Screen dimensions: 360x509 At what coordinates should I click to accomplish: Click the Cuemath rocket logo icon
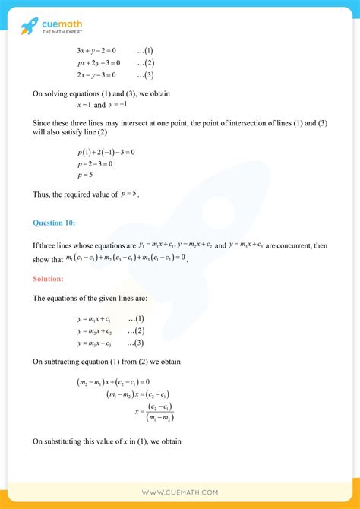pyautogui.click(x=29, y=27)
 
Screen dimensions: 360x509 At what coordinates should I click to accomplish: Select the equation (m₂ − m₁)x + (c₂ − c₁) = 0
pyautogui.click(x=114, y=381)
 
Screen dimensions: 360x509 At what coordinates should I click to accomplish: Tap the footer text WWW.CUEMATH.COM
pyautogui.click(x=179, y=492)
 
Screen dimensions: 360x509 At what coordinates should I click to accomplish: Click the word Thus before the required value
pyautogui.click(x=42, y=195)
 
